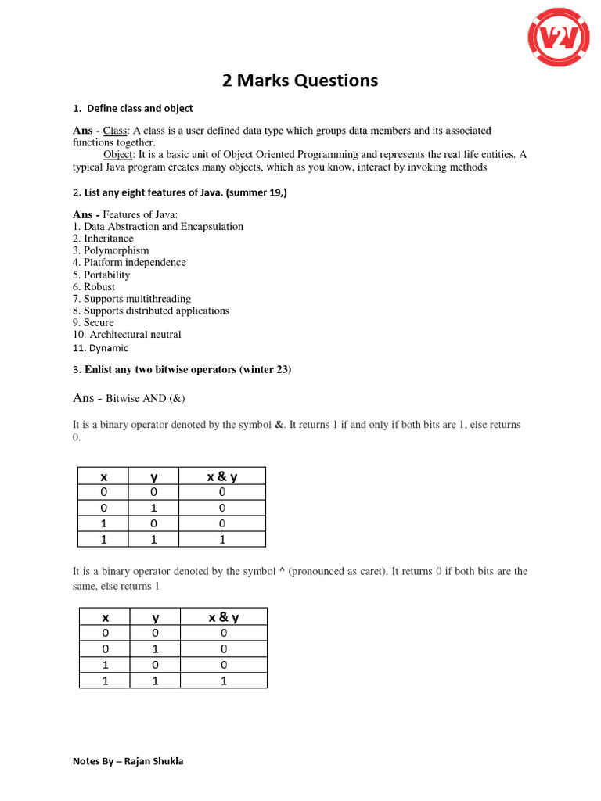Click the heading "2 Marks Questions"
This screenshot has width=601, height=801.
pyautogui.click(x=300, y=80)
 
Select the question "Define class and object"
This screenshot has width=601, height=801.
pyautogui.click(x=139, y=108)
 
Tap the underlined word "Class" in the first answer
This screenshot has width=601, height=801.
pyautogui.click(x=115, y=130)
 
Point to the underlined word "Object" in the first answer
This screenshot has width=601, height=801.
pyautogui.click(x=118, y=155)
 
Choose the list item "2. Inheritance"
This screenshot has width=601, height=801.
pyautogui.click(x=103, y=239)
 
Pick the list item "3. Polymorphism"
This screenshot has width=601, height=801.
pyautogui.click(x=110, y=250)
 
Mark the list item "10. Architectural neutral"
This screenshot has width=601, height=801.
pyautogui.click(x=127, y=335)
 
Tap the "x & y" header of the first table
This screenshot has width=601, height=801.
pyautogui.click(x=222, y=476)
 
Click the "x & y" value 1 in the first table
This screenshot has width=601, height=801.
pyautogui.click(x=222, y=539)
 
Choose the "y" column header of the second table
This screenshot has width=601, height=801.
pyautogui.click(x=155, y=617)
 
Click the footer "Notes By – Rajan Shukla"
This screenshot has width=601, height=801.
pyautogui.click(x=128, y=761)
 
